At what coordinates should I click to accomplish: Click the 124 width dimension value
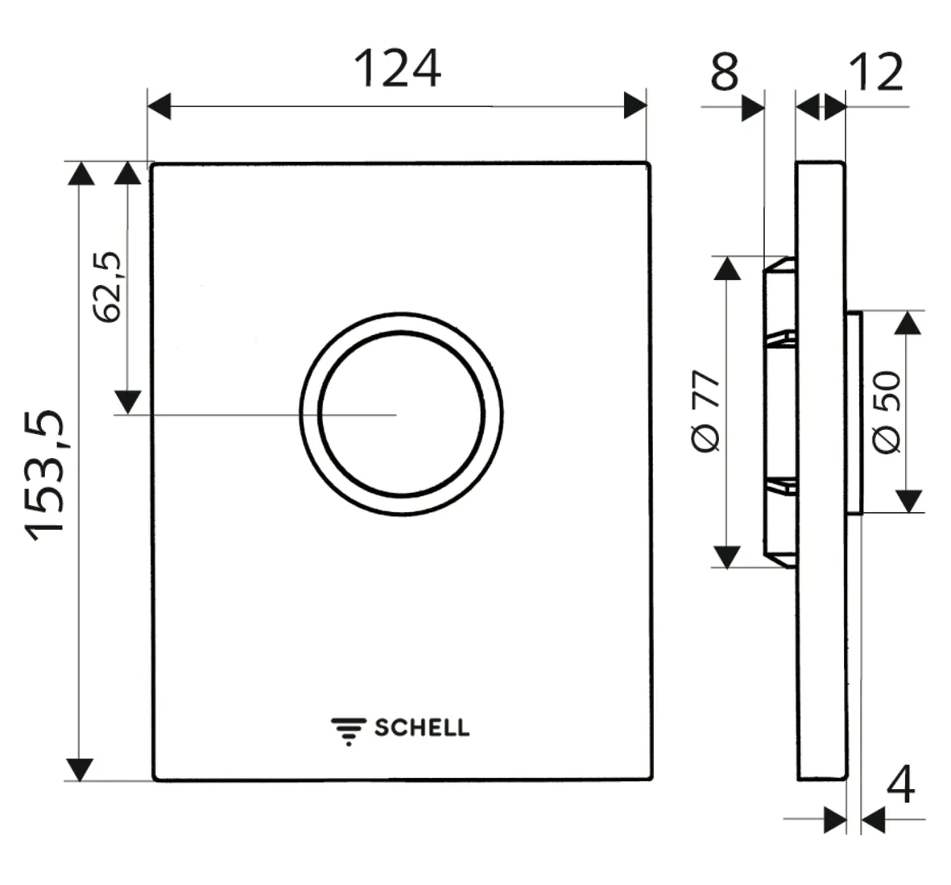[x=397, y=69]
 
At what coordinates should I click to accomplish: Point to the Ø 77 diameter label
[x=706, y=411]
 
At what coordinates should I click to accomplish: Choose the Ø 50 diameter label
[x=887, y=412]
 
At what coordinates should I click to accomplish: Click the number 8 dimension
[x=724, y=72]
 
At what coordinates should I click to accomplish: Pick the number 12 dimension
[x=876, y=72]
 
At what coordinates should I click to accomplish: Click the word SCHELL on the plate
[x=421, y=728]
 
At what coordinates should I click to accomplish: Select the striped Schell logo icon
[x=348, y=730]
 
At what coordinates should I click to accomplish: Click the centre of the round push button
[x=401, y=414]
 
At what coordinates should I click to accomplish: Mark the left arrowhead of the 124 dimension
[x=159, y=105]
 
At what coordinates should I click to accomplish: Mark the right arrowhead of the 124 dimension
[x=635, y=105]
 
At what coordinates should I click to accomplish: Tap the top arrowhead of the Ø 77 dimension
[x=727, y=268]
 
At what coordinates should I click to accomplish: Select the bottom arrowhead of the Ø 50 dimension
[x=908, y=501]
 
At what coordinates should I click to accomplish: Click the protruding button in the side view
[x=854, y=412]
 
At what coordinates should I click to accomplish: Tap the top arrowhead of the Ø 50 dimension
[x=908, y=324]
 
